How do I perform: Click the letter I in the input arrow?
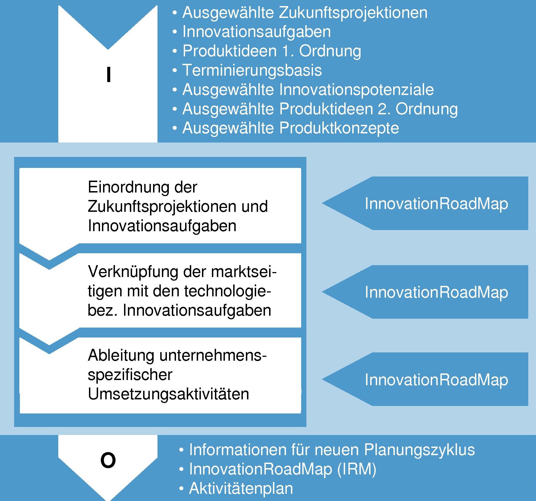109,75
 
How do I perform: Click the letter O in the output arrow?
108,460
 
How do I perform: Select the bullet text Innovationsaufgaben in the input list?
257,32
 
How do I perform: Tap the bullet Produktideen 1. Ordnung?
272,51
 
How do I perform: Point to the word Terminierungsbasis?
252,70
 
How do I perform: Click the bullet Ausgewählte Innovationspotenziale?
308,89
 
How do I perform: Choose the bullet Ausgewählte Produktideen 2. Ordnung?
320,109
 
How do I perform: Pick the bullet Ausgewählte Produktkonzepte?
291,128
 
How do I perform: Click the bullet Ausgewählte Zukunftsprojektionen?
305,13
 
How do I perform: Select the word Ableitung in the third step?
121,355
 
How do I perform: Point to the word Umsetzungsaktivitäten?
169,394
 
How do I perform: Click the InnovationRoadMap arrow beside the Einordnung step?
425,203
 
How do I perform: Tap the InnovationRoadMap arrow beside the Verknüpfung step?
425,292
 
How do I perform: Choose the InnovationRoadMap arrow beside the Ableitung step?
425,379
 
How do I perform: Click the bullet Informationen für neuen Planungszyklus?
332,450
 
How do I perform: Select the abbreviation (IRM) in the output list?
357,469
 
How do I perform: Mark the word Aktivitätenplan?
241,488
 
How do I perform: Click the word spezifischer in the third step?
130,375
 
